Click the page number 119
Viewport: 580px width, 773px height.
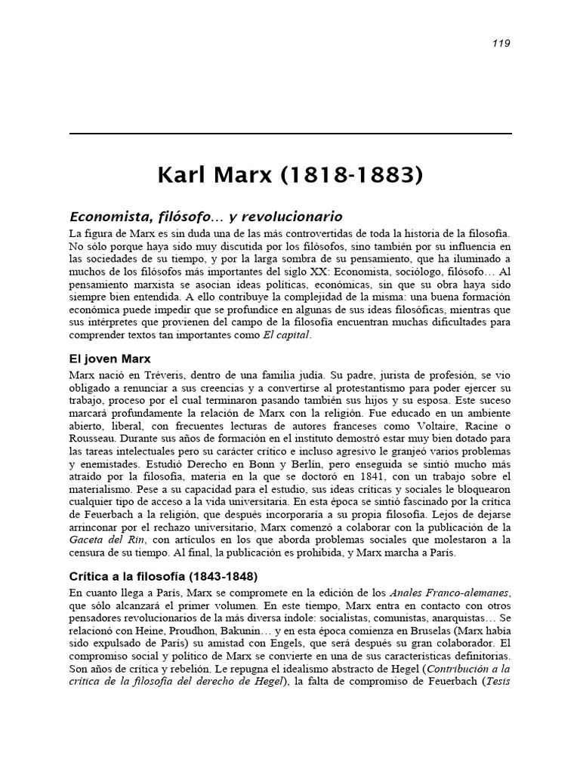501,43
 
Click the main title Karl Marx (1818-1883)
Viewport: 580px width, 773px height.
290,177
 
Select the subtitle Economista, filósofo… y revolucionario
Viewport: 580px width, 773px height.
206,217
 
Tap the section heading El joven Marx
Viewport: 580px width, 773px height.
110,359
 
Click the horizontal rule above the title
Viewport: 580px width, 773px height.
290,134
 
